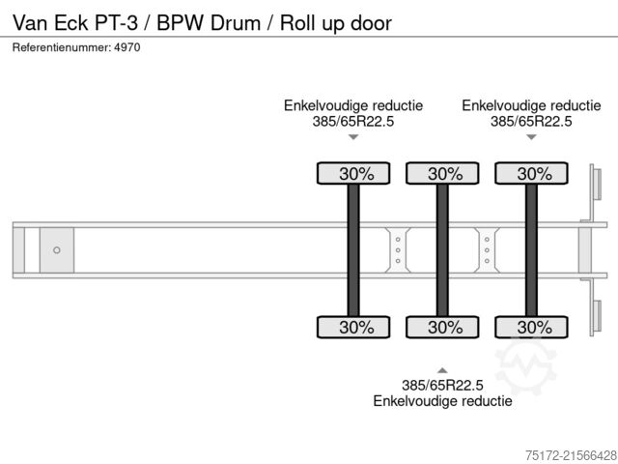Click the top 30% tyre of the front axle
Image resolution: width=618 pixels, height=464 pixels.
(353, 174)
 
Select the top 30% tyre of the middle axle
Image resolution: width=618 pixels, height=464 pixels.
(442, 174)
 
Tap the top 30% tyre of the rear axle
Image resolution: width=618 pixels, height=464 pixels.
(530, 174)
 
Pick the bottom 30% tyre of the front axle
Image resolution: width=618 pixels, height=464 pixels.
(353, 327)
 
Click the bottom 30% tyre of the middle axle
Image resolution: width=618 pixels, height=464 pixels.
(442, 327)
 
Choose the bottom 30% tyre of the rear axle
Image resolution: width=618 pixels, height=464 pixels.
(530, 327)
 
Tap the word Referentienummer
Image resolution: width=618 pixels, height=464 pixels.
(61, 47)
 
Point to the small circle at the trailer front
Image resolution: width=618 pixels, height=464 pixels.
(56, 250)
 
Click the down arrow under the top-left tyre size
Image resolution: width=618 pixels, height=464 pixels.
(353, 137)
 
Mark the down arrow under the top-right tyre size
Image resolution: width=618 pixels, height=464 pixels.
(531, 137)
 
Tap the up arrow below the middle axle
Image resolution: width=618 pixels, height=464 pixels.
(442, 370)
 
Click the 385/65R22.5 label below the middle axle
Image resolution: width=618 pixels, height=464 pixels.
(442, 385)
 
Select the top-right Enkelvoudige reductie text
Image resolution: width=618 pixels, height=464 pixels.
(531, 105)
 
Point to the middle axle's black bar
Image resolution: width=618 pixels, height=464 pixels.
(442, 249)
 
